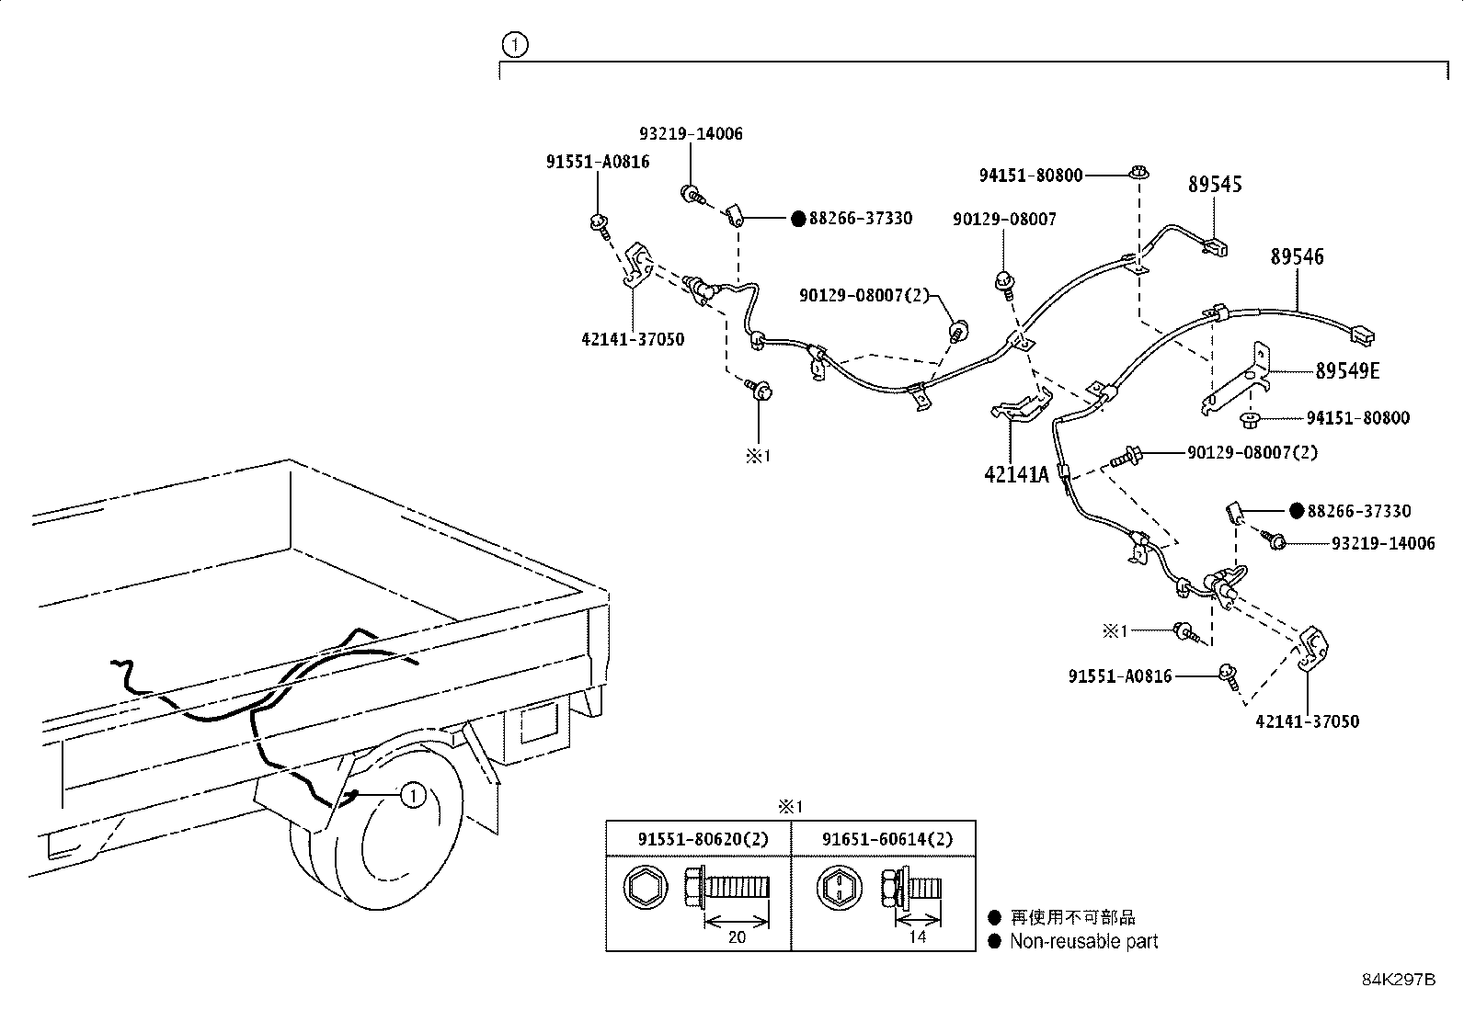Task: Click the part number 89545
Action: [1215, 184]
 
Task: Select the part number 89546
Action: [1298, 256]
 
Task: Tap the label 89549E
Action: [1347, 371]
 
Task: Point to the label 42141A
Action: [1016, 474]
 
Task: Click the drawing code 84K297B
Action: [1399, 980]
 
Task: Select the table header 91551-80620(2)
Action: [703, 839]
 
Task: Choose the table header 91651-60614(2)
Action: [887, 839]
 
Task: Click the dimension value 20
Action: [737, 936]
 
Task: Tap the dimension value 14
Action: [918, 936]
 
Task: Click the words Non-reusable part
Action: [1083, 941]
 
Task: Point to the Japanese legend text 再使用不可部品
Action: [1072, 917]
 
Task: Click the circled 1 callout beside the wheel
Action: [413, 795]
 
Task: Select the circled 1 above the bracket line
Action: [515, 45]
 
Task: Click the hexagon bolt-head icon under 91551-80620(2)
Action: [646, 889]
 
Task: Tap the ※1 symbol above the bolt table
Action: [790, 807]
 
